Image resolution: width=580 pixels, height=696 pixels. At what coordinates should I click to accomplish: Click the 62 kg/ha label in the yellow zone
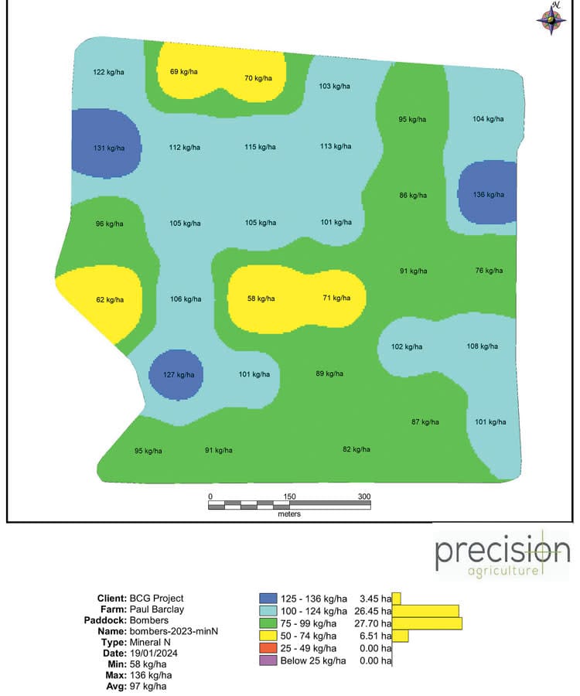[x=110, y=298]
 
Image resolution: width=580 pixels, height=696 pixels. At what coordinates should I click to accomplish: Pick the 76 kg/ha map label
[x=488, y=271]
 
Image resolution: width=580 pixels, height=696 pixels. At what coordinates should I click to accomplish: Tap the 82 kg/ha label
[x=356, y=449]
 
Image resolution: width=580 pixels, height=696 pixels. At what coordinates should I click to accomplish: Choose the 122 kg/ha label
[x=109, y=72]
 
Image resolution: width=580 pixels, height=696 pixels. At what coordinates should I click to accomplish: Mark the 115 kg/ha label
[x=261, y=147]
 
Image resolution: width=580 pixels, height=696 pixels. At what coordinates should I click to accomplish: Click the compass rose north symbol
[x=552, y=19]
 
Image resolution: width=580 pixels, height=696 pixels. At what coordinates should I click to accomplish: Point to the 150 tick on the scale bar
[x=290, y=496]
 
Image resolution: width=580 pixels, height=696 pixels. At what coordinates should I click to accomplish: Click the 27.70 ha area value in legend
[x=374, y=623]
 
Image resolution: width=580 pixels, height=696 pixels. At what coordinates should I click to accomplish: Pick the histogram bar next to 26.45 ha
[x=425, y=611]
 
